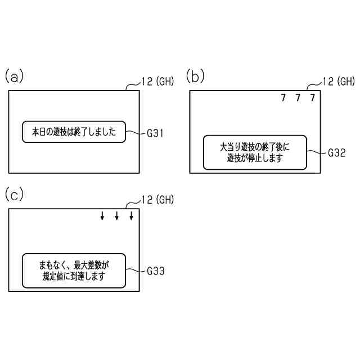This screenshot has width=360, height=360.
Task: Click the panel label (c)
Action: pyautogui.click(x=14, y=195)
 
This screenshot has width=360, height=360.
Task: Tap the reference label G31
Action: pyautogui.click(x=155, y=133)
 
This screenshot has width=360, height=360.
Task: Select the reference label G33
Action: pyautogui.click(x=155, y=271)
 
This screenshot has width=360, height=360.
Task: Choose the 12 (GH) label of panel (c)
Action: pyautogui.click(x=157, y=199)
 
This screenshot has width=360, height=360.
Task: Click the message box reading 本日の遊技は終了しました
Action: pyautogui.click(x=74, y=132)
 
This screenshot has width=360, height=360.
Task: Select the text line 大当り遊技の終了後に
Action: pyautogui.click(x=254, y=147)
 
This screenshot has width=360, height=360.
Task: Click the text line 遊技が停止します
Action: pyautogui.click(x=254, y=159)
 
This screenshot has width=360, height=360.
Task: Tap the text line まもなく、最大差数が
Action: pyautogui.click(x=74, y=264)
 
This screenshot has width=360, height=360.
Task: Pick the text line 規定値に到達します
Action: pyautogui.click(x=74, y=277)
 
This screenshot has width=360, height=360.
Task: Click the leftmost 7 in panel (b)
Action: pyautogui.click(x=283, y=98)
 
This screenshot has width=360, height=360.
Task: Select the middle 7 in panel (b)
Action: pyautogui.click(x=298, y=98)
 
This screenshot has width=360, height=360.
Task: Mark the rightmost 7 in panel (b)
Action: pyautogui.click(x=313, y=98)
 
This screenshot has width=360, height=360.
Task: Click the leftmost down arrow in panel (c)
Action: pyautogui.click(x=102, y=216)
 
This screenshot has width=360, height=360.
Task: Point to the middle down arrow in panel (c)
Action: pyautogui.click(x=117, y=216)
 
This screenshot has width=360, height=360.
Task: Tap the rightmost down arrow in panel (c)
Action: pyautogui.click(x=132, y=216)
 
